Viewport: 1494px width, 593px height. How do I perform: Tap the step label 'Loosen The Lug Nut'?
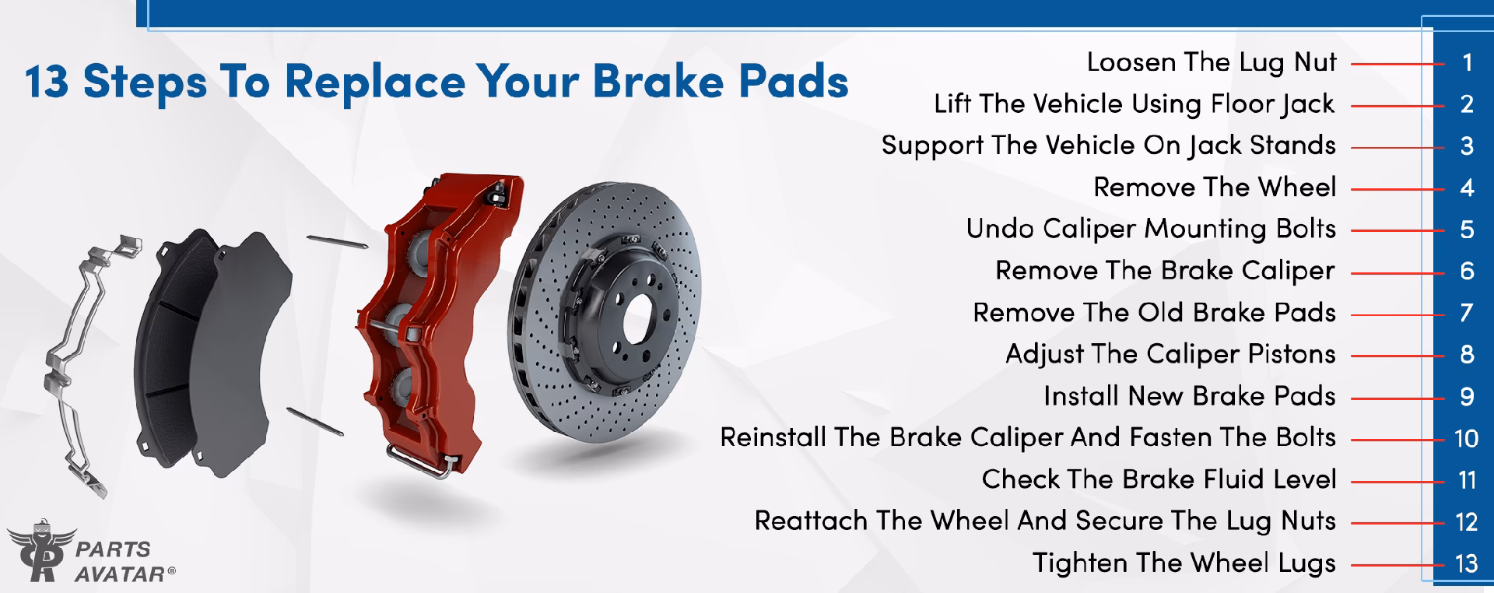[1211, 62]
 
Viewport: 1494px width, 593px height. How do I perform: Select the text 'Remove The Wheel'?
[1214, 188]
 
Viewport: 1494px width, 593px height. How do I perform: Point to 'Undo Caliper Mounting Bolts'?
[1150, 229]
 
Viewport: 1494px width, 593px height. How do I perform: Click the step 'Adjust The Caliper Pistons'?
[1170, 354]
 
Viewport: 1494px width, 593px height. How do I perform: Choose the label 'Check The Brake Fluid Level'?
[1158, 479]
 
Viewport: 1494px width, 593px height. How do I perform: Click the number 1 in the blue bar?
[1467, 62]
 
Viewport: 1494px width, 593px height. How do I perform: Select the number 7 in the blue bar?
[1467, 313]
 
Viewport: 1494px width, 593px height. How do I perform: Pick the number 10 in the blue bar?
[1467, 438]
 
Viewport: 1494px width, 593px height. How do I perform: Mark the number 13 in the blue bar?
[1467, 563]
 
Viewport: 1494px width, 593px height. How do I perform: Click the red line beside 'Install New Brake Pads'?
[1397, 398]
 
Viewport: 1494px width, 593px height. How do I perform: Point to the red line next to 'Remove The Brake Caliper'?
[1397, 272]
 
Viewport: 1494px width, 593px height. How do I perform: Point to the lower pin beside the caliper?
[314, 421]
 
